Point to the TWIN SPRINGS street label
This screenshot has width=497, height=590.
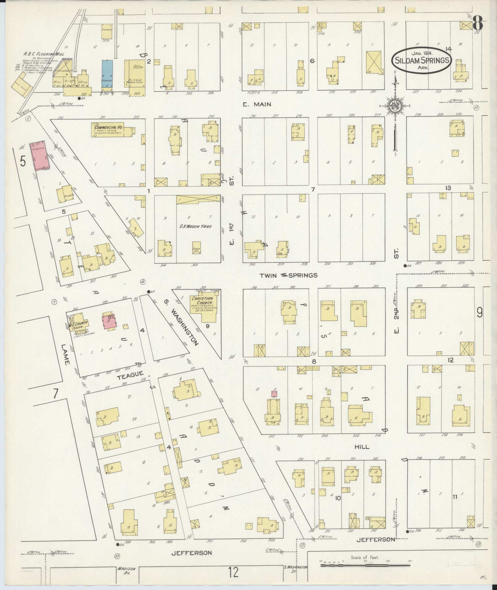(288, 275)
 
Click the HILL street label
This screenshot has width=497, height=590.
(362, 447)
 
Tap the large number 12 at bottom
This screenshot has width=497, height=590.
(234, 572)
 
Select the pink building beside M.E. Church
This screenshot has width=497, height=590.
(109, 322)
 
